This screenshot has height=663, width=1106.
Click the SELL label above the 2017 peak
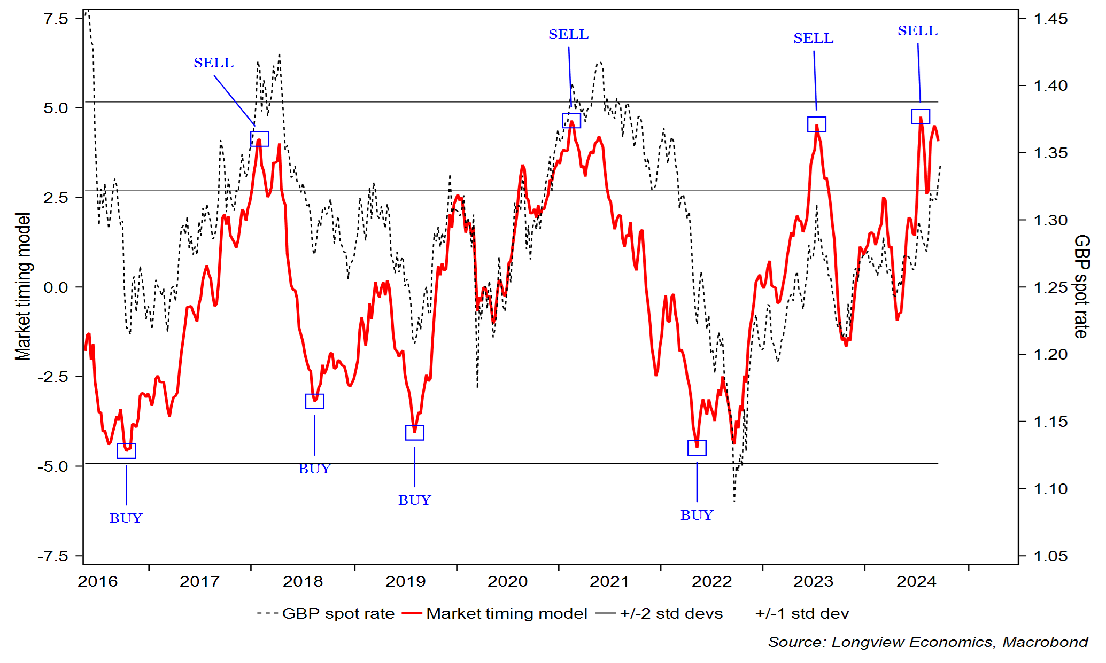tap(213, 63)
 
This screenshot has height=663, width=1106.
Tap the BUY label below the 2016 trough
tap(126, 518)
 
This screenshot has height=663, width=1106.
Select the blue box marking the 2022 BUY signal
tap(697, 448)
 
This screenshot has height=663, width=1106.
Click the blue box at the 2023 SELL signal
tap(816, 124)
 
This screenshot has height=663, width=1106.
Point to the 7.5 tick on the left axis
tap(56, 19)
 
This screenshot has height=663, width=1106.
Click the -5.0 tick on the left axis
tap(53, 466)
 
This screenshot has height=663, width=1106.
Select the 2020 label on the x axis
tap(507, 581)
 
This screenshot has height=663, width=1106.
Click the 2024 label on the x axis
tap(916, 581)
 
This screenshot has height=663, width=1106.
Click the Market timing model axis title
tap(23, 287)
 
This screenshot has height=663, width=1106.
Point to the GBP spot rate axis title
tap(1081, 286)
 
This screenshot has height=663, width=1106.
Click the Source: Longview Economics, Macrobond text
tap(928, 642)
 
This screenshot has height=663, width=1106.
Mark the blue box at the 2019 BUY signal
tap(414, 433)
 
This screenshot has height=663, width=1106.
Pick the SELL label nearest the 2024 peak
tap(917, 31)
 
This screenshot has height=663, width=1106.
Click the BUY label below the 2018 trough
tap(314, 469)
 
